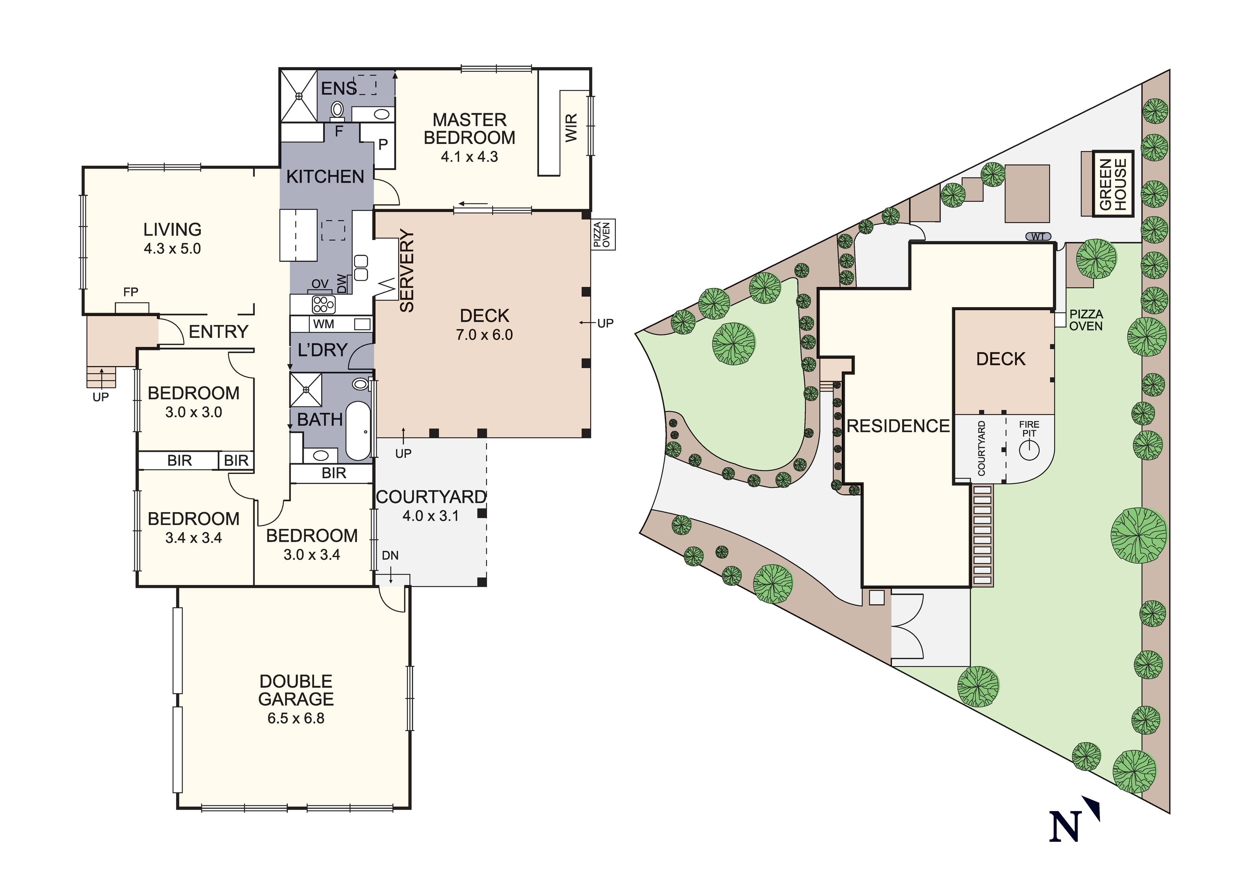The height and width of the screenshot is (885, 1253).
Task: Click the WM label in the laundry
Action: (324, 324)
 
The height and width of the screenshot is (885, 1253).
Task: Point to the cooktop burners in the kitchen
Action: (323, 304)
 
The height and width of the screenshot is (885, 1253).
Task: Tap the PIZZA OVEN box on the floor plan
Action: (603, 235)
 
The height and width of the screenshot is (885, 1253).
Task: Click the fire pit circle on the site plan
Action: (1029, 450)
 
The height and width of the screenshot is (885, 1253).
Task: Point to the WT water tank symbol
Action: (1038, 237)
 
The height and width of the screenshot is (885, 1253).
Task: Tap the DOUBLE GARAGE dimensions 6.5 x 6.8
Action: (296, 718)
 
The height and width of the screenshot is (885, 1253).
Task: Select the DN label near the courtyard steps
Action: (390, 555)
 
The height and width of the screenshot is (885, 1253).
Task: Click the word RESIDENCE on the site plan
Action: (898, 426)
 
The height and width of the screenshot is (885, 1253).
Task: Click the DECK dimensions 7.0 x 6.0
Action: (484, 335)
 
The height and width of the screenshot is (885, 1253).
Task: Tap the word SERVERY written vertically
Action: (407, 271)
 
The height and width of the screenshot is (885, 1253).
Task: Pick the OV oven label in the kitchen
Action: (320, 284)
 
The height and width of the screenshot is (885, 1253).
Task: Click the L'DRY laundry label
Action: (323, 350)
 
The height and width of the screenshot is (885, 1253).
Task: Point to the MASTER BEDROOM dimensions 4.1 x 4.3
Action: (469, 157)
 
